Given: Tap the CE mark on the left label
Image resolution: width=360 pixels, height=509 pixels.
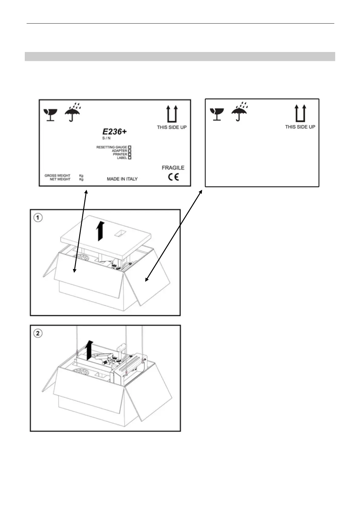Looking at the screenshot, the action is point(174,177).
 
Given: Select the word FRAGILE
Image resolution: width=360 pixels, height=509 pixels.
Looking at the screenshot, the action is point(173,168).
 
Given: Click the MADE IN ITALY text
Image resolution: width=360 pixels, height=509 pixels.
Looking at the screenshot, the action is point(122,179).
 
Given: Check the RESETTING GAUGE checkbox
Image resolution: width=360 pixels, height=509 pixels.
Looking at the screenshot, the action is point(130,147).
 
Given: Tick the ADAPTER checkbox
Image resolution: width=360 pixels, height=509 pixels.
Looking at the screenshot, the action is point(130,151).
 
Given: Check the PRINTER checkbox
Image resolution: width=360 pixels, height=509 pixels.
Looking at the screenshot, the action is point(130,154).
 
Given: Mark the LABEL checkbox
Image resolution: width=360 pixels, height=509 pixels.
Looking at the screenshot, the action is point(130,158).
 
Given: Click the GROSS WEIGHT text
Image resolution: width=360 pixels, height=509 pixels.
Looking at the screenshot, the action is point(57,175).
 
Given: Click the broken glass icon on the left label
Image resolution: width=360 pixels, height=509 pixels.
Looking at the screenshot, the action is point(50,115).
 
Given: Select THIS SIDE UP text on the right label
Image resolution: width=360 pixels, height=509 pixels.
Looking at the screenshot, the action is point(300,127).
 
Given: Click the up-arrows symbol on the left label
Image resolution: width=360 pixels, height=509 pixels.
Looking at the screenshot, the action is point(172,114).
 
